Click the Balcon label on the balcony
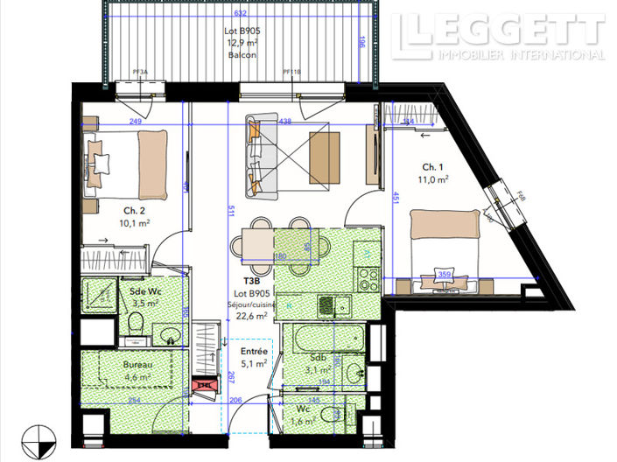pos(242,54)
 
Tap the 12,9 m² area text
pos(242,42)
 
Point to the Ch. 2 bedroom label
pos(134,210)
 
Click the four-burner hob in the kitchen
pos(367,279)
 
